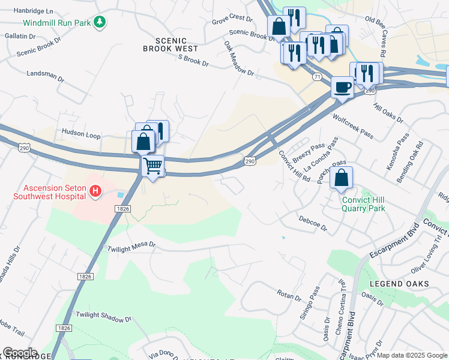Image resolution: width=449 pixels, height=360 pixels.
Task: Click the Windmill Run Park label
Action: [57, 23]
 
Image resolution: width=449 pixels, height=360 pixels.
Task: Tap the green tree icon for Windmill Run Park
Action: [100, 23]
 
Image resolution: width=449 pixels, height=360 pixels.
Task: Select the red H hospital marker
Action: [94, 191]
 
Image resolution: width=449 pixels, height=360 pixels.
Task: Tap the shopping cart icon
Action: [152, 164]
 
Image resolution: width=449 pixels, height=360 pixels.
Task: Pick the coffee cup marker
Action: [342, 86]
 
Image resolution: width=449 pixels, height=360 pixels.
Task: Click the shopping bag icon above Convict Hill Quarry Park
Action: [341, 178]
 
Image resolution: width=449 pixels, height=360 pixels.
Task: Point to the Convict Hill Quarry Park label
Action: [363, 205]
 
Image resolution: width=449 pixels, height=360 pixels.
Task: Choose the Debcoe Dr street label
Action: [313, 224]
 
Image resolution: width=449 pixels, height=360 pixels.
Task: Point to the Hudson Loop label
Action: [81, 136]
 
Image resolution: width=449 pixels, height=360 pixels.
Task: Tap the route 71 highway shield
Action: [315, 76]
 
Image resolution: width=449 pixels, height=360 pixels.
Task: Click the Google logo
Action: [20, 353]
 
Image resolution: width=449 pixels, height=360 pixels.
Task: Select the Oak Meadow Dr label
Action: [239, 58]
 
